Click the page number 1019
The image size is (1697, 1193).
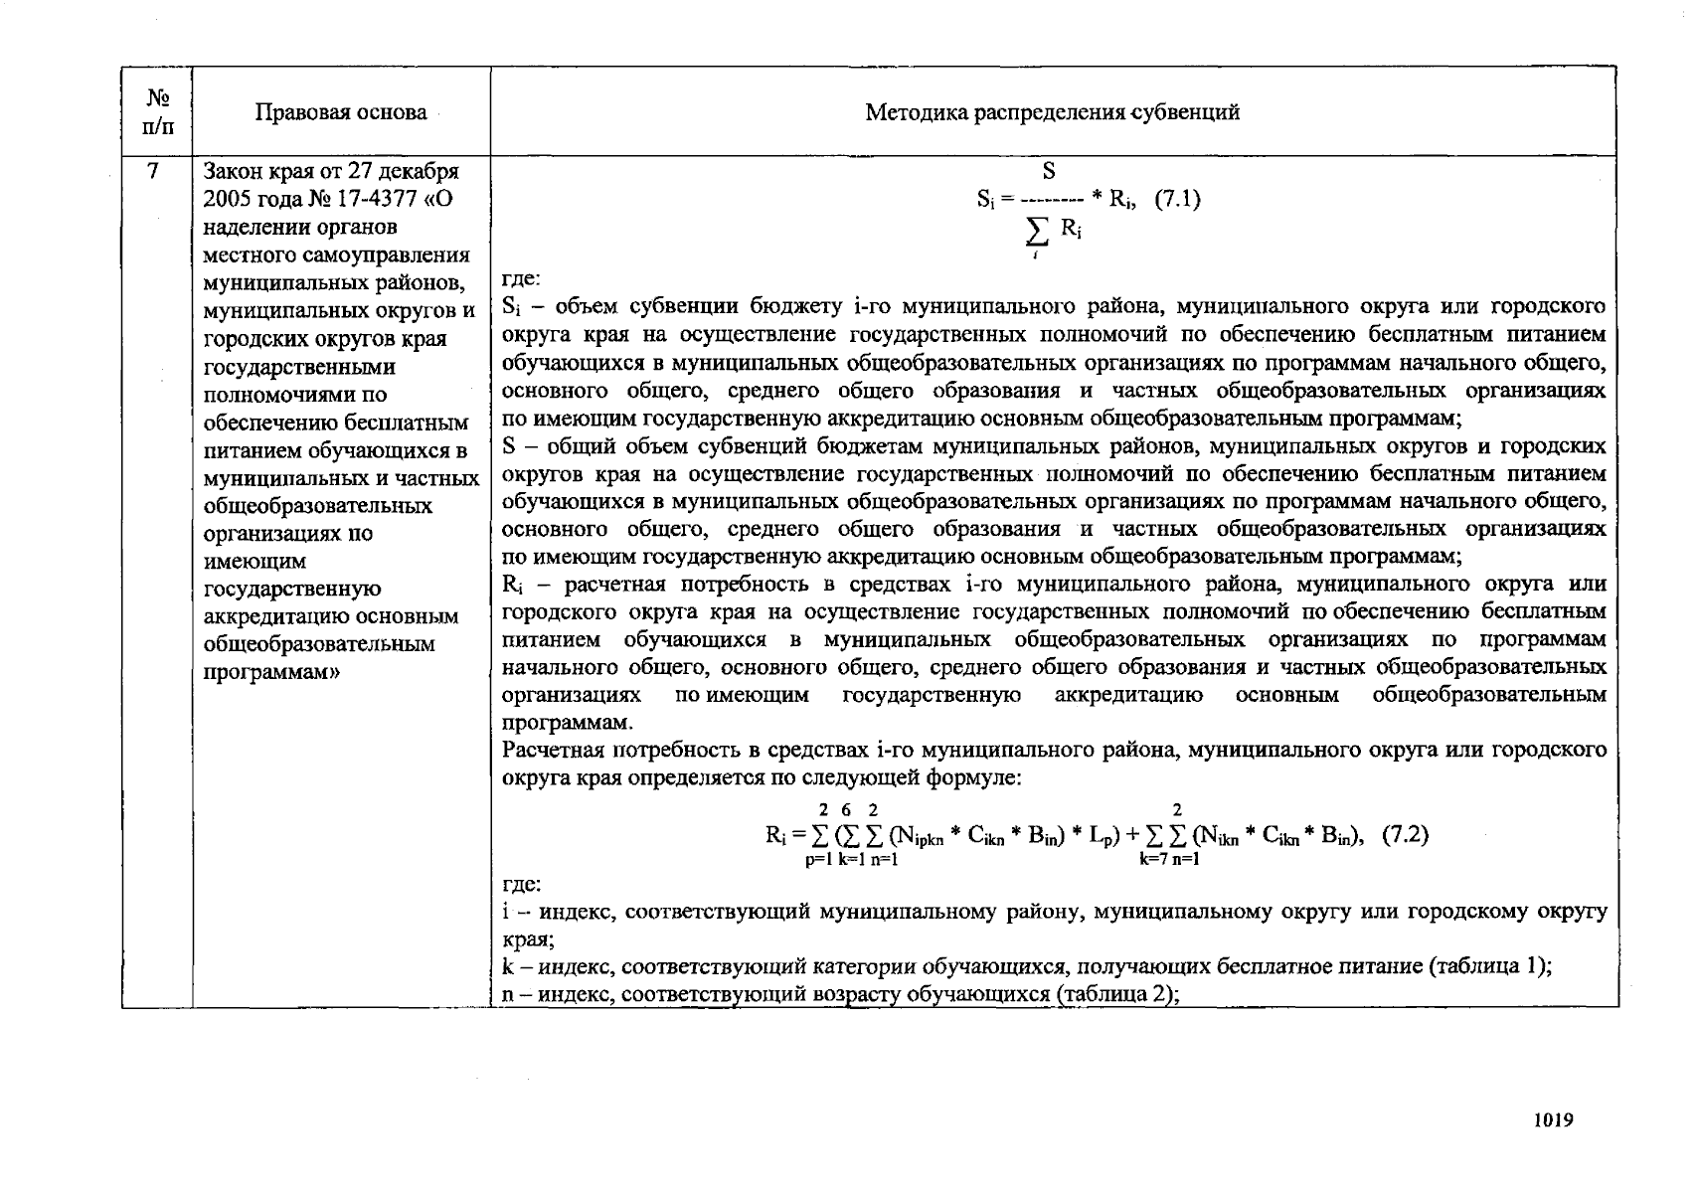(1554, 1120)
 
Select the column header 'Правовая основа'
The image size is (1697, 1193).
(341, 112)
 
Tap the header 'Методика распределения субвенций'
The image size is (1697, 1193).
(1053, 112)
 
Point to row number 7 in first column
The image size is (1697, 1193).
(153, 171)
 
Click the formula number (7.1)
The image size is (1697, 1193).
(1177, 199)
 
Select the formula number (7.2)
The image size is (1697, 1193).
(1406, 834)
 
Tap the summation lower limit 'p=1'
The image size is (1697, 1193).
(819, 860)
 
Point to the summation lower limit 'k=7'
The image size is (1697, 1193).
(1154, 860)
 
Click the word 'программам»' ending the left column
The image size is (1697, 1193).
(271, 672)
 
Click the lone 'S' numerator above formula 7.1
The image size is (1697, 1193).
(1048, 172)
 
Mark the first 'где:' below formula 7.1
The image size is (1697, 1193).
(522, 280)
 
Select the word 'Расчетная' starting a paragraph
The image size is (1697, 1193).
(549, 751)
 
